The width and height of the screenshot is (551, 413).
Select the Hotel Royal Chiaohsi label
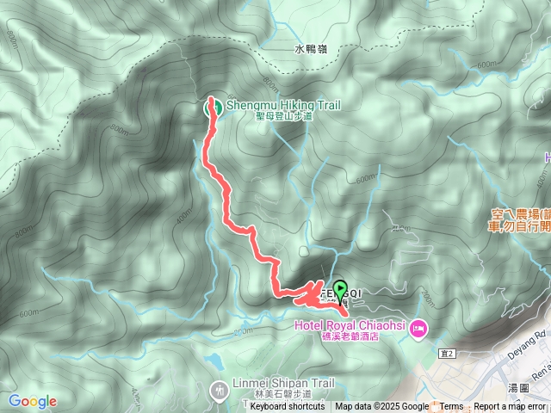pos(350,325)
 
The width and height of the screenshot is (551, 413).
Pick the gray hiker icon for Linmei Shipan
pos(220,391)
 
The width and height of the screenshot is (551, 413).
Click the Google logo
pos(33,401)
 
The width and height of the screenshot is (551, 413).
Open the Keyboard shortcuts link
pos(288,407)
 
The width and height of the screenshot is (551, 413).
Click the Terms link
pos(451,407)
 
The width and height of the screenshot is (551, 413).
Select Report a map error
pos(510,407)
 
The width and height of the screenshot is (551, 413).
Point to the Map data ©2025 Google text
pos(381,407)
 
